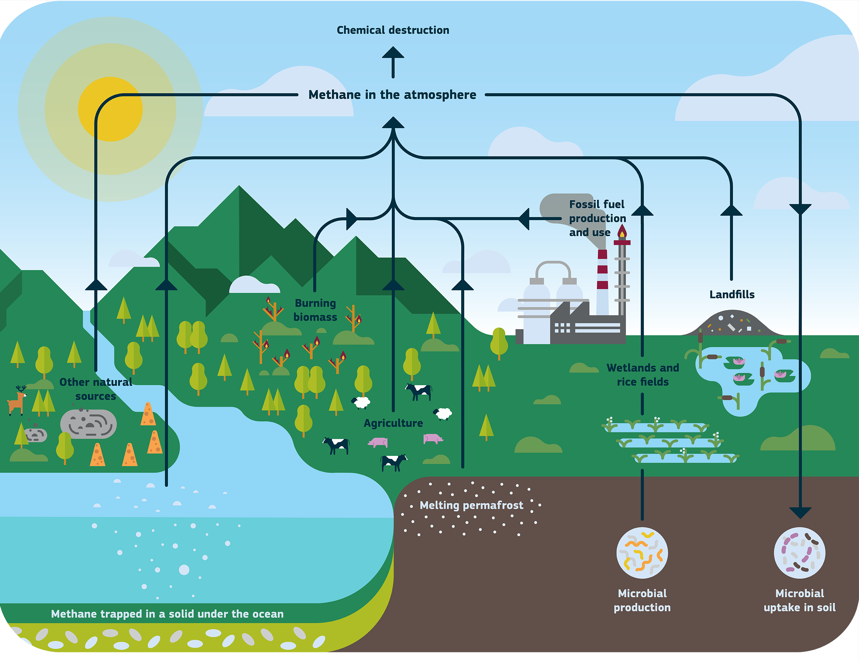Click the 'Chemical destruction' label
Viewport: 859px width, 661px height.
pos(392,30)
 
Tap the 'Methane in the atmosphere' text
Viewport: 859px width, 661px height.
pos(392,95)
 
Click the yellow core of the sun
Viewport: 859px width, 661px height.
pos(110,109)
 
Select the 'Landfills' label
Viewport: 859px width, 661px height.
pos(732,295)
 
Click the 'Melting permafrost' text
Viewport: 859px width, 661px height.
pos(471,505)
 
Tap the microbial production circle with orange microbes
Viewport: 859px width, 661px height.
pos(642,553)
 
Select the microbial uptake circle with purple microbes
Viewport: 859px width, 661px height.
pos(799,553)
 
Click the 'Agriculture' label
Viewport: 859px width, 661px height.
pos(393,423)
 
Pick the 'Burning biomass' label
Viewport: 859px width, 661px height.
pos(315,310)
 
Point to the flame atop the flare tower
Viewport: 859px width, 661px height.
pos(622,231)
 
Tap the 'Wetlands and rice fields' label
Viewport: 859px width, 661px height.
pos(643,375)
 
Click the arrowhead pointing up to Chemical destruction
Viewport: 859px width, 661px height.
pos(393,53)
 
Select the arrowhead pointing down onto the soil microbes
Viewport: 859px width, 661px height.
pos(800,512)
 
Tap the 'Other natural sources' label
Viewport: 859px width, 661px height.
pos(96,389)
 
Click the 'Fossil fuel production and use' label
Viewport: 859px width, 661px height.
pos(597,218)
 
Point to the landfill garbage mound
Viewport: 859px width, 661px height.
pos(728,324)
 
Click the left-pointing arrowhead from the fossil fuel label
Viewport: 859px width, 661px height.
pos(525,219)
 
